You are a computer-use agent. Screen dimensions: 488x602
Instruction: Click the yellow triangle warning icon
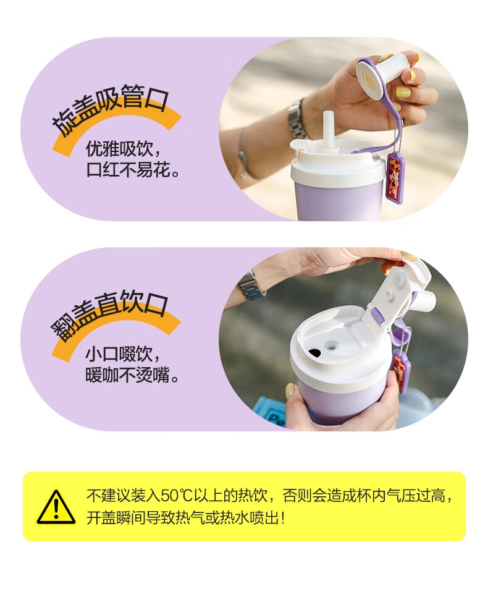tap(56, 507)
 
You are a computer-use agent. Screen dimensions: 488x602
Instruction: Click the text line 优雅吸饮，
tap(123, 149)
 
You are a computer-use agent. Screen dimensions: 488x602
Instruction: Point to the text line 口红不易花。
tap(133, 169)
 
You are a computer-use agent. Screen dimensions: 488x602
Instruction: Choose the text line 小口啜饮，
tap(122, 354)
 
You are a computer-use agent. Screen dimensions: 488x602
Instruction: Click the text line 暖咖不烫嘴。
tap(132, 375)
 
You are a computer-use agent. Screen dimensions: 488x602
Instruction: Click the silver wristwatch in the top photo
tap(298, 117)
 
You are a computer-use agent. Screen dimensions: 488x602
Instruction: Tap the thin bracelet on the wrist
tap(242, 153)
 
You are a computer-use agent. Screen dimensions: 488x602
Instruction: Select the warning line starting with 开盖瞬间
tap(185, 518)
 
